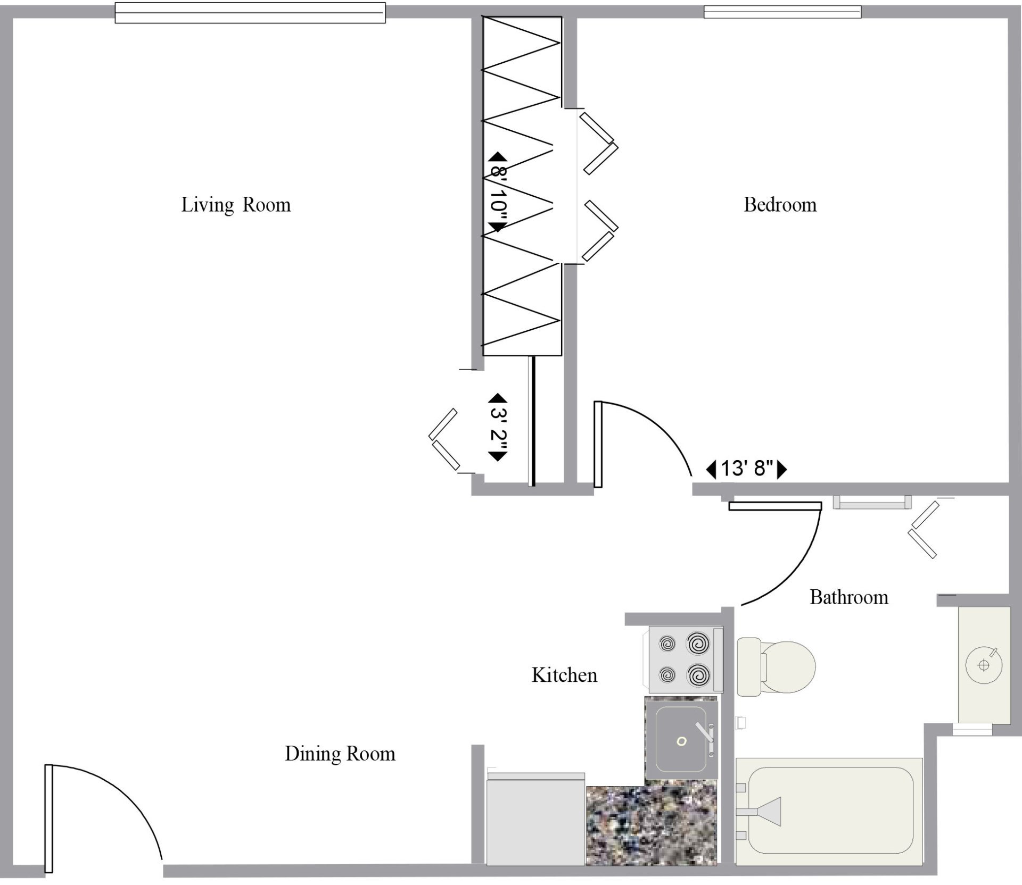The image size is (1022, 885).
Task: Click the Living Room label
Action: (x=236, y=205)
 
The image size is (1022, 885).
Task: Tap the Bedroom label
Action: (x=780, y=205)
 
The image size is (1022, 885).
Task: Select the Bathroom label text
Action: (x=849, y=597)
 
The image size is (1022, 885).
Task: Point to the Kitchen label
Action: (x=564, y=675)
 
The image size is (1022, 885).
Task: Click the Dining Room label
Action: (x=340, y=754)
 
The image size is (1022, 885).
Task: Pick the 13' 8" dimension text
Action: (x=746, y=469)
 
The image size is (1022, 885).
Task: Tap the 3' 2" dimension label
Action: (x=498, y=427)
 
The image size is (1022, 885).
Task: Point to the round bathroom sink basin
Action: (x=983, y=665)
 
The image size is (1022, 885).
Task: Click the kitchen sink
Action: (x=681, y=740)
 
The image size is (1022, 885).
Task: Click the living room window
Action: (x=250, y=13)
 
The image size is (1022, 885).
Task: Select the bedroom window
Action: (x=782, y=12)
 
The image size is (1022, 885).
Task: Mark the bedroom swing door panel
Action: (x=598, y=444)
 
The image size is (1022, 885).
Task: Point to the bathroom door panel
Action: (x=775, y=506)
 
